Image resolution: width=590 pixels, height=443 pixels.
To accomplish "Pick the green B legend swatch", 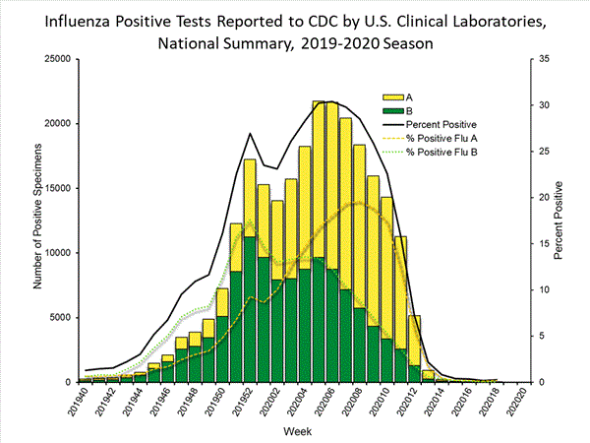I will click(x=394, y=111).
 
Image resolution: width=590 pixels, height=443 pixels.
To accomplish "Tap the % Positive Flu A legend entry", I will click(x=448, y=138).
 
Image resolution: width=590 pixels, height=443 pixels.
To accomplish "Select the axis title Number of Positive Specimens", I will click(x=37, y=221).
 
